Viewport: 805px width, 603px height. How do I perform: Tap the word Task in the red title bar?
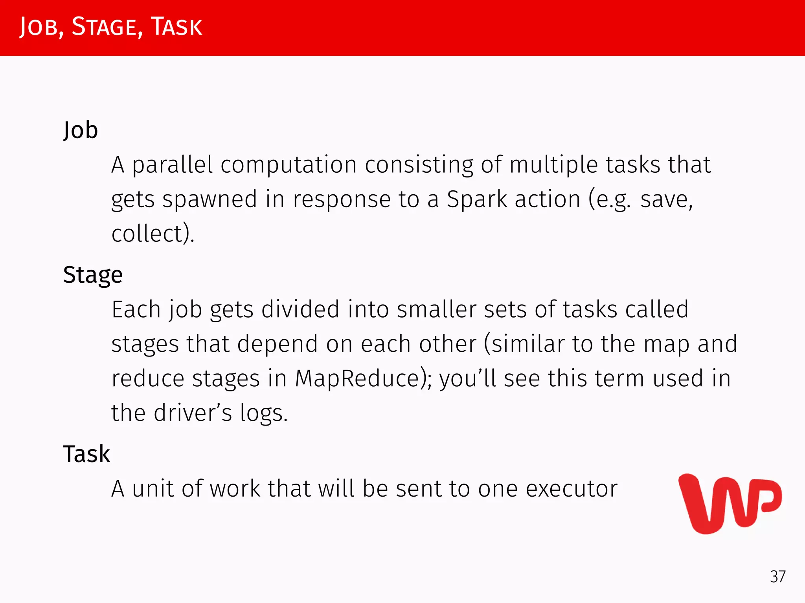(176, 27)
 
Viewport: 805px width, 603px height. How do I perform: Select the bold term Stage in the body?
(93, 275)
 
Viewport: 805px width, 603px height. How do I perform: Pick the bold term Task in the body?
(86, 454)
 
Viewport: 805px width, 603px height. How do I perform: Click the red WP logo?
(730, 504)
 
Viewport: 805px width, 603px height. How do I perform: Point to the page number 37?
(777, 577)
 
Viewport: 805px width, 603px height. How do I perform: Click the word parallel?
(172, 165)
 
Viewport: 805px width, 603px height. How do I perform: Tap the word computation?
(289, 165)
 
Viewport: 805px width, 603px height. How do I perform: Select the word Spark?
(477, 199)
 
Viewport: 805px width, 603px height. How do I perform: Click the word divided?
(300, 309)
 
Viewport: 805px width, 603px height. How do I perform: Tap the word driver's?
(193, 413)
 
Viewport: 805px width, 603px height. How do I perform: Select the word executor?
(572, 489)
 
